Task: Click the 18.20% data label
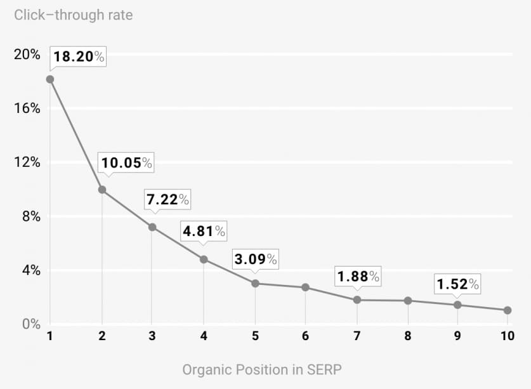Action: coord(78,56)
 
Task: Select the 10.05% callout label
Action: coord(127,163)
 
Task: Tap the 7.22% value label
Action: coord(167,199)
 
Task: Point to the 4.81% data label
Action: coord(204,231)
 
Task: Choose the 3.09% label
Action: coord(255,259)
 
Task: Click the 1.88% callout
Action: coord(358,276)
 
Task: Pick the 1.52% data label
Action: coord(457,284)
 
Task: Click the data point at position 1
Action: coord(50,79)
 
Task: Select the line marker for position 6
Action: coord(305,287)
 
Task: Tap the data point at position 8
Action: coord(408,301)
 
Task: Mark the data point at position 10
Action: coord(508,310)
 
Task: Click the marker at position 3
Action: coord(152,227)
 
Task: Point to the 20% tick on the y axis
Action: coord(27,55)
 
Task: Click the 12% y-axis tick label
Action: coord(27,162)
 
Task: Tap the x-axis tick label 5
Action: coord(255,336)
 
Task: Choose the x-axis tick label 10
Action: coord(507,336)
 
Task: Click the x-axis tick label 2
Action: coord(102,336)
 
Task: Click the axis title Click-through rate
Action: coord(74,15)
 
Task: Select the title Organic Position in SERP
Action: coord(266,369)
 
